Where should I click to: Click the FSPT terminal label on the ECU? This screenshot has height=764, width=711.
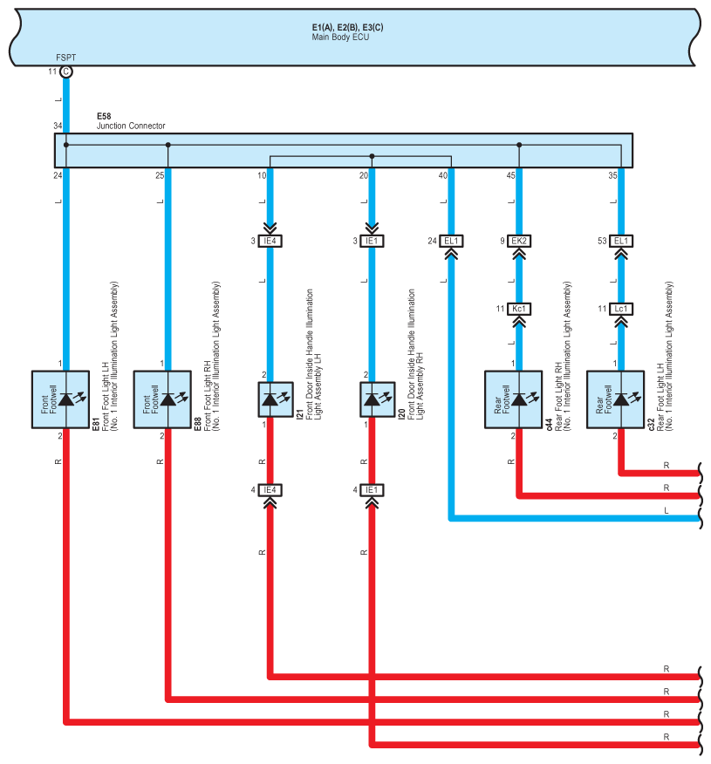[x=65, y=58]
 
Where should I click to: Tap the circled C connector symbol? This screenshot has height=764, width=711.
[x=66, y=72]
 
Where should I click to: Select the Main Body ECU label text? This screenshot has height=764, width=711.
[x=340, y=37]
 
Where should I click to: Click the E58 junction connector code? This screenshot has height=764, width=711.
[x=104, y=116]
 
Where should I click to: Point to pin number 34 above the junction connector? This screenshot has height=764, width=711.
[x=58, y=126]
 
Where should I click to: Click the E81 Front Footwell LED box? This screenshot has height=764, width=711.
[x=60, y=399]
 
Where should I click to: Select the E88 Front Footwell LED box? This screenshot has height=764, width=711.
[x=162, y=399]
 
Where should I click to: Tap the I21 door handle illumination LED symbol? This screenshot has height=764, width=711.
[x=276, y=399]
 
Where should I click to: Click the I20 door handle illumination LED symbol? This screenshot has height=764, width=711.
[x=377, y=399]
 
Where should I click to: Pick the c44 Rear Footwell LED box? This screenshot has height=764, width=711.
[x=513, y=399]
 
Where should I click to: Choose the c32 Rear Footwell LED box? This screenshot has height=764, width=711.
[x=615, y=399]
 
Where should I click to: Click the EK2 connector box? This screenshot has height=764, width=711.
[x=519, y=241]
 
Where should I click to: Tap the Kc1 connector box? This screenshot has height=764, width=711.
[x=519, y=309]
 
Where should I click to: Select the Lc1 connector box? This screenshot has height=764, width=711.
[x=621, y=309]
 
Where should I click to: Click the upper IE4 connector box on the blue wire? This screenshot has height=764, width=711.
[x=270, y=241]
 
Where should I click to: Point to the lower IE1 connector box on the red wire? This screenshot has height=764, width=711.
[x=372, y=490]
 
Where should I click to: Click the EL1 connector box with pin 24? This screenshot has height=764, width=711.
[x=451, y=241]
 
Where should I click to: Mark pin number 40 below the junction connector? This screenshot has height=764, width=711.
[x=442, y=175]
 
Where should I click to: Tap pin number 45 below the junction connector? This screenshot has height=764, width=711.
[x=510, y=175]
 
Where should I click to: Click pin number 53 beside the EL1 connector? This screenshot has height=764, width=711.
[x=602, y=241]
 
